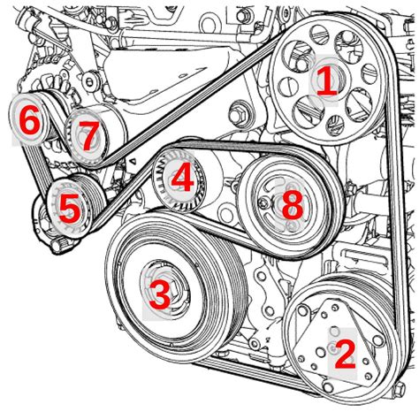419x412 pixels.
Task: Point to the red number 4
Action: (181, 179)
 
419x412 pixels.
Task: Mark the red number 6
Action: (29, 121)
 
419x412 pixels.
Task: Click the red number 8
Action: (291, 206)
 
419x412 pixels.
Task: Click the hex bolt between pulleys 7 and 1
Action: (238, 115)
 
